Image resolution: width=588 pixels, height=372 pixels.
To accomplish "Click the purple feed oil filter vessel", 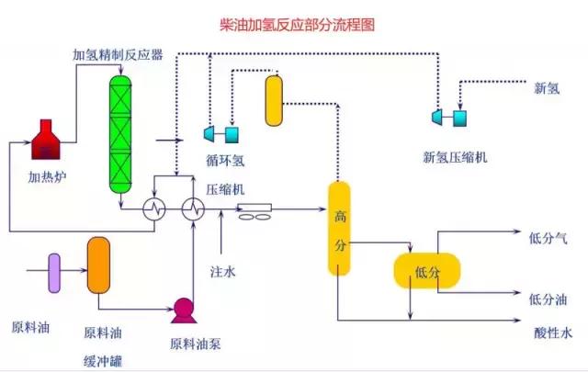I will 54,272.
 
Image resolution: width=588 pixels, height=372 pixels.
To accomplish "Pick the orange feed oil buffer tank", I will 98,265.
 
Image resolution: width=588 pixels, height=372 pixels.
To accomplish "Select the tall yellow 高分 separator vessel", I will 340,229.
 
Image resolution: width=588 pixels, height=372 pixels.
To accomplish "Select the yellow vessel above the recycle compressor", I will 274,100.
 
